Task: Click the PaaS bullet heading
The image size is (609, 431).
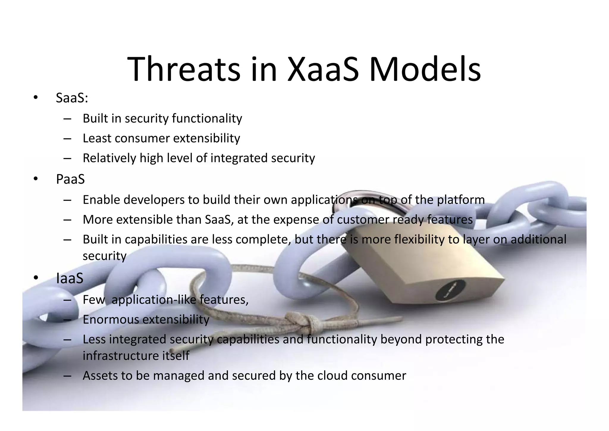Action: pos(70,179)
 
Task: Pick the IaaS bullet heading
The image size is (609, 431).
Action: pos(70,279)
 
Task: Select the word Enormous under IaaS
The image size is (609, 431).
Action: pos(111,319)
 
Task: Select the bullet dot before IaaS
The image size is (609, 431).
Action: pos(36,278)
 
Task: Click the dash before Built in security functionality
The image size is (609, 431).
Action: pos(67,119)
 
